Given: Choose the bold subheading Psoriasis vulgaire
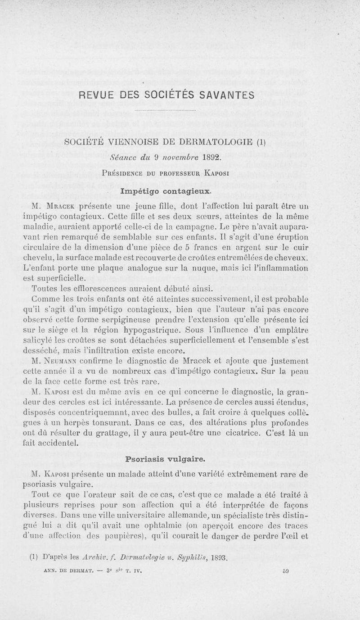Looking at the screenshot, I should [x=166, y=459].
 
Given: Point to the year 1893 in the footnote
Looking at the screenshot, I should [x=218, y=559].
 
